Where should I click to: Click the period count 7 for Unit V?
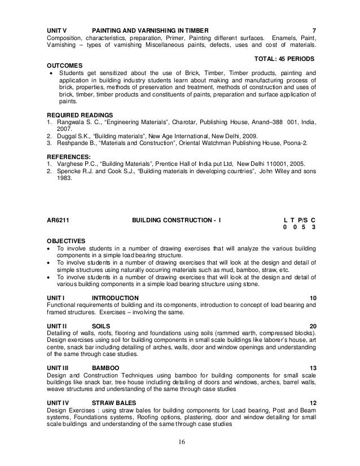(x=314, y=30)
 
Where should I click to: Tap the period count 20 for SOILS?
(x=313, y=327)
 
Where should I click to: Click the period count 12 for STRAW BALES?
(x=313, y=403)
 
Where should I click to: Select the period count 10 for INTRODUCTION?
(x=313, y=298)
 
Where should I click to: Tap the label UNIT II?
(x=58, y=327)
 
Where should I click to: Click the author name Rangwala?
(x=68, y=122)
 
